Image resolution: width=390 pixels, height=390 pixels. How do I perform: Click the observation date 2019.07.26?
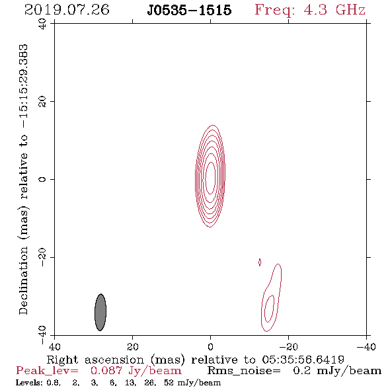(67, 10)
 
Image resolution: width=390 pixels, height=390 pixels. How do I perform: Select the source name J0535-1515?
(189, 11)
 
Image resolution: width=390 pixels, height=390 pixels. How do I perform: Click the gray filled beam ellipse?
(100, 312)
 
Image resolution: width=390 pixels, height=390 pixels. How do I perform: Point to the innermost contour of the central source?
(206, 178)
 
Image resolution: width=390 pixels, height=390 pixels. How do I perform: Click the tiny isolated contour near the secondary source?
(260, 262)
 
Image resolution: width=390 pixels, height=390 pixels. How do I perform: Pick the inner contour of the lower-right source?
(265, 309)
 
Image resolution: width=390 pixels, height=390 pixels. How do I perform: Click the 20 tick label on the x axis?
(132, 347)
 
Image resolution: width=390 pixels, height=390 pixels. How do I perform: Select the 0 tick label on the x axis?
(210, 347)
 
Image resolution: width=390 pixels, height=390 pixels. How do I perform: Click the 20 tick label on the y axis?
(42, 102)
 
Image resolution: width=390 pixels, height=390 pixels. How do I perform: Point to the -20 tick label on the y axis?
(42, 257)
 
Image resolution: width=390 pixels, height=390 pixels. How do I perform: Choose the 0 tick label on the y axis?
(42, 179)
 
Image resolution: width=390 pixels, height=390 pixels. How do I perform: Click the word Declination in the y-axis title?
(23, 280)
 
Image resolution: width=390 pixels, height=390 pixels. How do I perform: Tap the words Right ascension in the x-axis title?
(95, 360)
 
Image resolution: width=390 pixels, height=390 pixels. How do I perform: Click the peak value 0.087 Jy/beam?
(136, 371)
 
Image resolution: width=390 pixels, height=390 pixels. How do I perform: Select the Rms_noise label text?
(244, 371)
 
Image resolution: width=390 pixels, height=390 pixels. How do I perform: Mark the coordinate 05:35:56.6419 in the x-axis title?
(303, 360)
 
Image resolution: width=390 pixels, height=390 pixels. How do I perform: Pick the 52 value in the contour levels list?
(169, 382)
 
